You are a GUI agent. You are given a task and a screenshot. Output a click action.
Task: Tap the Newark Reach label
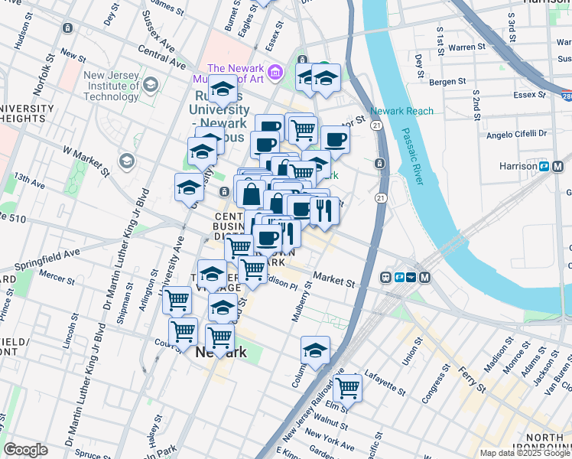click(402, 111)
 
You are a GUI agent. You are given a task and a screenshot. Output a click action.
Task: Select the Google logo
click(25, 449)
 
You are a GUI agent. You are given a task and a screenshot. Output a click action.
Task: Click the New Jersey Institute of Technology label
click(111, 86)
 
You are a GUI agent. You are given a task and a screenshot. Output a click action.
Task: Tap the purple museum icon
click(276, 73)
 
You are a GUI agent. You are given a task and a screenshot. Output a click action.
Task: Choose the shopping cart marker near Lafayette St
click(348, 387)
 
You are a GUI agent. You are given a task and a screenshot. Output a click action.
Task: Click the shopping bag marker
click(251, 194)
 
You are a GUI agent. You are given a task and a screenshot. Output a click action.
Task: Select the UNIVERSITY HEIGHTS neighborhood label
click(28, 113)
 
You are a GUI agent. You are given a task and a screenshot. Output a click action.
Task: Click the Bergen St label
click(447, 81)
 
